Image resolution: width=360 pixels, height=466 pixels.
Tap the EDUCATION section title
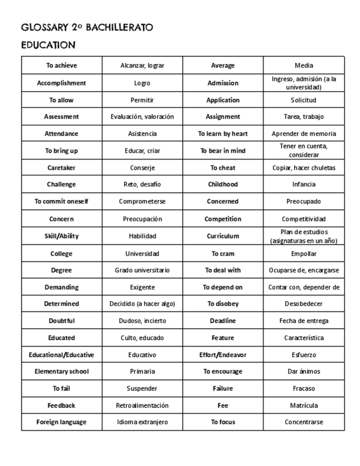[48, 45]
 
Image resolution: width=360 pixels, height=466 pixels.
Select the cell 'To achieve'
[62, 65]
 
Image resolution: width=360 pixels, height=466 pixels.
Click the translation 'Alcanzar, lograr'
[142, 65]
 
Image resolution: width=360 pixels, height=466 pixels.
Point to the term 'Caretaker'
[62, 168]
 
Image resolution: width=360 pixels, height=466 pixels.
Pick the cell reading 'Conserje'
[142, 168]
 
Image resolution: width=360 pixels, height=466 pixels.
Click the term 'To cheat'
[223, 168]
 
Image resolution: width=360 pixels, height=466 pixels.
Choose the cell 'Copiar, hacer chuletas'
[304, 168]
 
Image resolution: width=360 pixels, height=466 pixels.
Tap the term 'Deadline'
[223, 320]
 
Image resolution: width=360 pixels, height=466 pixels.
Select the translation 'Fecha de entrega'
[304, 320]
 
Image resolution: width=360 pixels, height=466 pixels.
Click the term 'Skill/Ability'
[62, 236]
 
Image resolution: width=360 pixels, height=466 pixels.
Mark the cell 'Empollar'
[304, 254]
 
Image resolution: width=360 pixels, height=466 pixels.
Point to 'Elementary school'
[62, 371]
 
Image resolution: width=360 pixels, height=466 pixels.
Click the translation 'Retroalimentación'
[142, 406]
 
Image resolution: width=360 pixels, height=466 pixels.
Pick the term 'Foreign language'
[62, 422]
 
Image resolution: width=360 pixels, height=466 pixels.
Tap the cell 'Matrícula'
[304, 406]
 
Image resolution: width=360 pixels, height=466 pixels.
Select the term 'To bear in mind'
[223, 151]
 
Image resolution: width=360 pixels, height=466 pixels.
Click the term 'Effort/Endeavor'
[223, 355]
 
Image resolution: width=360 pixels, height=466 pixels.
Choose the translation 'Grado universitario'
[142, 270]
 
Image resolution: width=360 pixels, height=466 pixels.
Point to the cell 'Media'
[304, 65]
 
